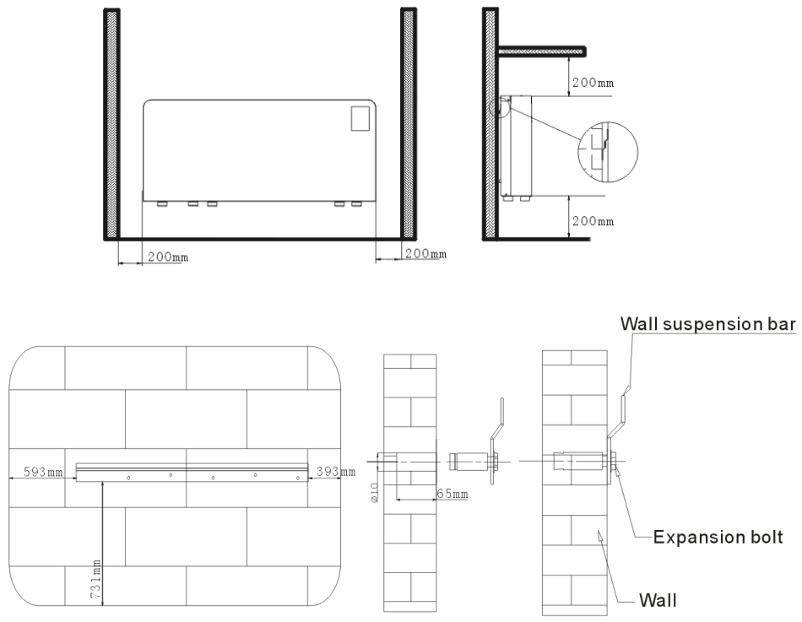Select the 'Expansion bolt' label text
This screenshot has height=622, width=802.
tap(720, 535)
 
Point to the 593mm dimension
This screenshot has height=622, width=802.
tap(44, 472)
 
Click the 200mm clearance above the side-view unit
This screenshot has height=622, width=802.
tap(593, 84)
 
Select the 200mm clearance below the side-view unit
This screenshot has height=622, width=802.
tap(593, 220)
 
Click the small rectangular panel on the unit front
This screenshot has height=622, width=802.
tap(361, 117)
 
